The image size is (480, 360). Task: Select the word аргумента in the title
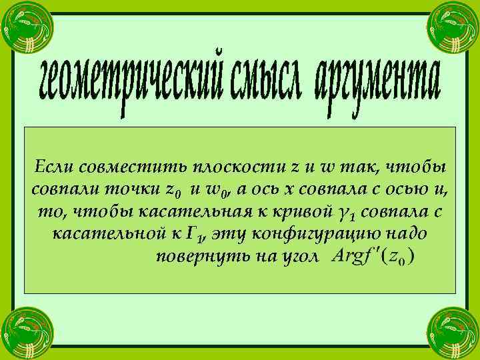pos(377,87)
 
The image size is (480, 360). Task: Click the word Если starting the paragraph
pos(51,165)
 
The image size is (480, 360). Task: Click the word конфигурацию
pos(319,235)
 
